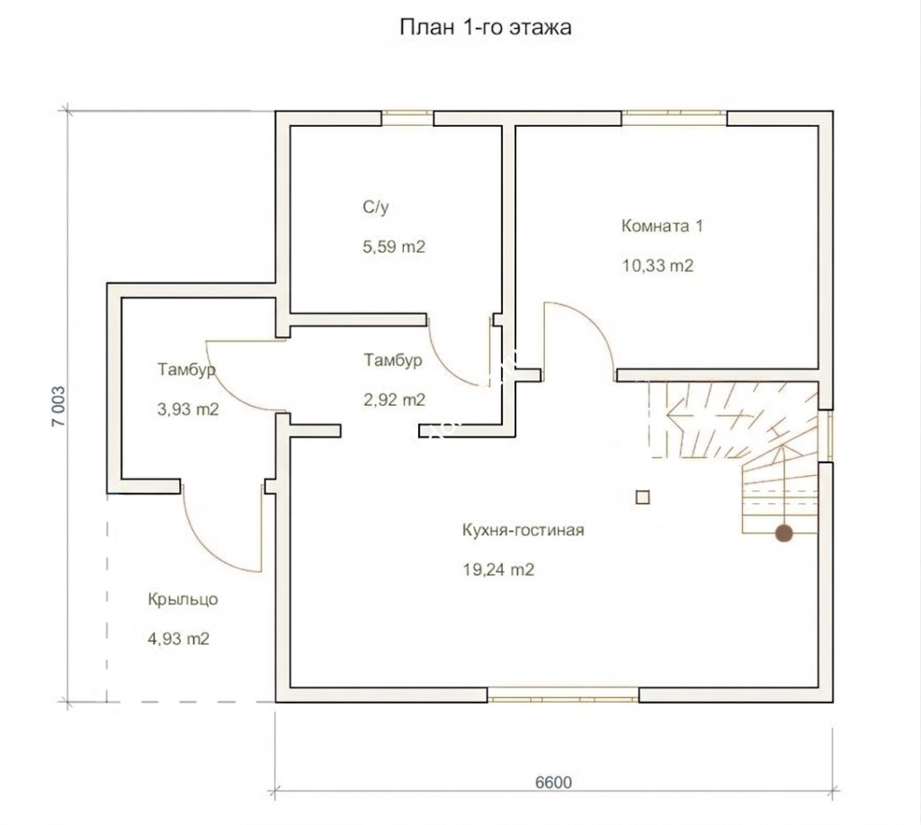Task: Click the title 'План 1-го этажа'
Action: [x=485, y=28]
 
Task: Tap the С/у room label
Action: [x=376, y=208]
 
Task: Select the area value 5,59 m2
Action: [x=394, y=247]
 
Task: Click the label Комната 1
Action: [x=662, y=226]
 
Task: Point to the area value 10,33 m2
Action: [x=657, y=265]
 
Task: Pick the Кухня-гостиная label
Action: [x=523, y=531]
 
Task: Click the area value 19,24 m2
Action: [x=498, y=569]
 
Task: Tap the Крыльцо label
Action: [x=183, y=600]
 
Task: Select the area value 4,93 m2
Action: [x=179, y=639]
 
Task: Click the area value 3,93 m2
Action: [x=188, y=409]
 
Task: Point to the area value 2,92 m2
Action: [x=394, y=399]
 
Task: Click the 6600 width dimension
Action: [x=553, y=782]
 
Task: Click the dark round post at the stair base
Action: [x=783, y=534]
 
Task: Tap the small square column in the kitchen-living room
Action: [x=642, y=498]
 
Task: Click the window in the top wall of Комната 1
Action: [x=675, y=118]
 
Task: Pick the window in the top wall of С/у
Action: [x=407, y=118]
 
